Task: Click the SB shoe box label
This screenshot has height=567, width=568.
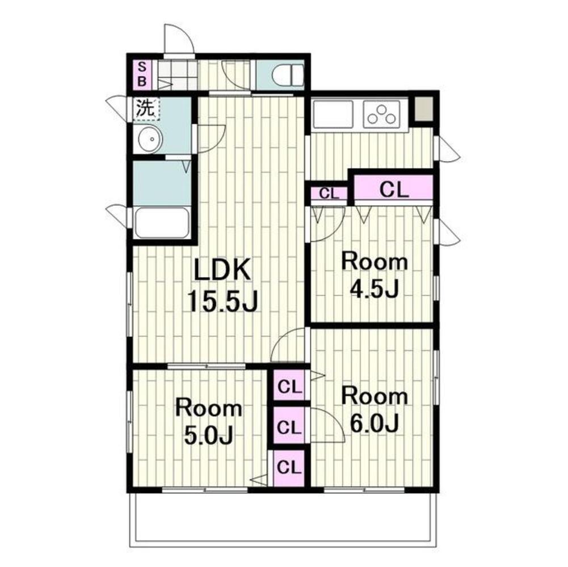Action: tap(142, 74)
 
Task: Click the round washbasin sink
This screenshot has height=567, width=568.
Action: tap(148, 139)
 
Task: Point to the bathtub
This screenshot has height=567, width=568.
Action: tap(162, 223)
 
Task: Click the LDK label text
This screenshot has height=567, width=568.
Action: tap(222, 270)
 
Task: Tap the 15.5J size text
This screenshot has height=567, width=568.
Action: tap(222, 302)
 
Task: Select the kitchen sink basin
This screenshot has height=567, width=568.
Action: tap(333, 114)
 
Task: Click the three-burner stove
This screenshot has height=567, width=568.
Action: tap(381, 114)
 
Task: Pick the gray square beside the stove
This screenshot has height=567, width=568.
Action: tap(423, 109)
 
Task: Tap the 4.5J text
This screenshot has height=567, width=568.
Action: tap(374, 289)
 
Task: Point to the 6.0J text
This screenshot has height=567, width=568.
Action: tap(374, 423)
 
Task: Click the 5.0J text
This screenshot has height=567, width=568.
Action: tap(208, 435)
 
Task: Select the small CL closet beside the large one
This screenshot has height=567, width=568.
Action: tap(329, 194)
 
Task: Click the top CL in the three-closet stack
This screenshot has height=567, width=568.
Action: tap(289, 386)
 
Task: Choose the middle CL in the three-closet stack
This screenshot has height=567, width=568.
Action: tap(289, 426)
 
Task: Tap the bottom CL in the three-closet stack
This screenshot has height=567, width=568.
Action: tap(289, 467)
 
